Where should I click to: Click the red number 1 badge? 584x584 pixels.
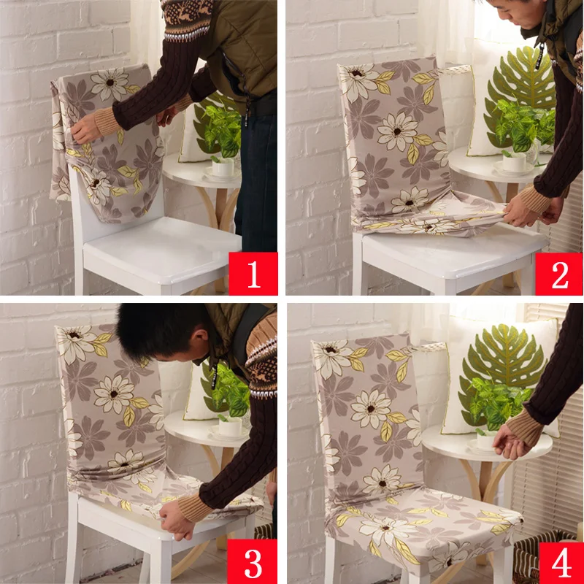pyautogui.click(x=253, y=273)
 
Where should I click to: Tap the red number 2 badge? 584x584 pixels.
pyautogui.click(x=559, y=274)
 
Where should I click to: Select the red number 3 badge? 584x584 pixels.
pyautogui.click(x=252, y=561)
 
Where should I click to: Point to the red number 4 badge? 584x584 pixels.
pyautogui.click(x=561, y=563)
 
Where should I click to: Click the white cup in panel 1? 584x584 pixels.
pyautogui.click(x=223, y=167)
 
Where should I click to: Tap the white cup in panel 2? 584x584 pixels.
pyautogui.click(x=514, y=162)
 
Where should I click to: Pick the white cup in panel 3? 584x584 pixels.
pyautogui.click(x=230, y=426)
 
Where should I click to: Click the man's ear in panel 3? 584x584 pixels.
pyautogui.click(x=203, y=337)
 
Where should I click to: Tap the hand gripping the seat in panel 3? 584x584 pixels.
pyautogui.click(x=176, y=520)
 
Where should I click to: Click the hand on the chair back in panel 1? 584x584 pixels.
pyautogui.click(x=86, y=128)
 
